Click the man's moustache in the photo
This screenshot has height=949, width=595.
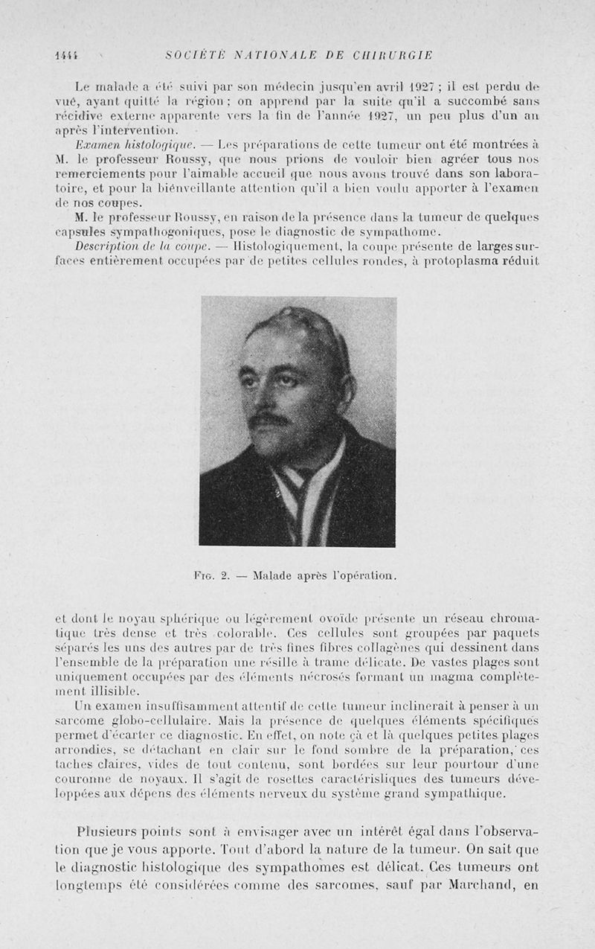point(268,419)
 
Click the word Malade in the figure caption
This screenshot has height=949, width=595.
point(274,575)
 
